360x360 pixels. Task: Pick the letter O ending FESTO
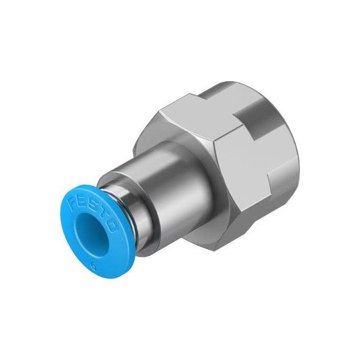113,226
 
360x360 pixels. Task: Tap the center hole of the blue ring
92,235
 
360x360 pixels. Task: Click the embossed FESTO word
93,212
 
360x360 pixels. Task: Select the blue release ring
97,232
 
